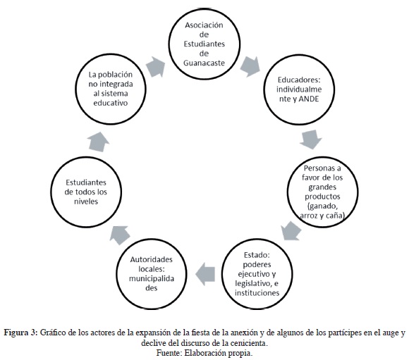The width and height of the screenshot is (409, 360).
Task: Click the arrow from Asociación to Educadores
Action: tap(250, 67)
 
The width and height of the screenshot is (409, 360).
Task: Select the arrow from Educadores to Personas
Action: tap(310, 139)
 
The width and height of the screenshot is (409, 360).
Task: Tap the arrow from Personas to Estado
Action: tap(291, 231)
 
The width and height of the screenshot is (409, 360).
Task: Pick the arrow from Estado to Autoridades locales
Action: tap(205, 274)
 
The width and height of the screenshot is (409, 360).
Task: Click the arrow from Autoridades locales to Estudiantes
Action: tap(120, 235)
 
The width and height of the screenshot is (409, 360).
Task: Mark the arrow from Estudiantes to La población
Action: tap(98, 142)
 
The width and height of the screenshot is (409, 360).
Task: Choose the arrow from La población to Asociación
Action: tap(156, 67)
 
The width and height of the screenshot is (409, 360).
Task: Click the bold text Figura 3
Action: tap(21, 333)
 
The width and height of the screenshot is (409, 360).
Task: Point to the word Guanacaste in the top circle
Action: tap(204, 63)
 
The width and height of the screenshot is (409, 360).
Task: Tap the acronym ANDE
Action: tap(309, 99)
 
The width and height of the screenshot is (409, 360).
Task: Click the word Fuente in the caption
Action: tap(169, 353)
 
